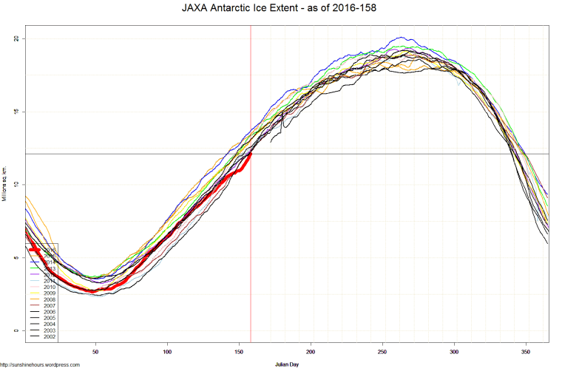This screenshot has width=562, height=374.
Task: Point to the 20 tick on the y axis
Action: (16, 38)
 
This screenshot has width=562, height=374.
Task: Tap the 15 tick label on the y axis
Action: (16, 112)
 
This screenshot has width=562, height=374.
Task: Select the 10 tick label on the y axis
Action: (16, 184)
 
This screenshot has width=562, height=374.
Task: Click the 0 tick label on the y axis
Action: (18, 330)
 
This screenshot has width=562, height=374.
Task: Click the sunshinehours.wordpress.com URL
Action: (40, 364)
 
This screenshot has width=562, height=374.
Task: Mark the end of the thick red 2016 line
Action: (251, 154)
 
